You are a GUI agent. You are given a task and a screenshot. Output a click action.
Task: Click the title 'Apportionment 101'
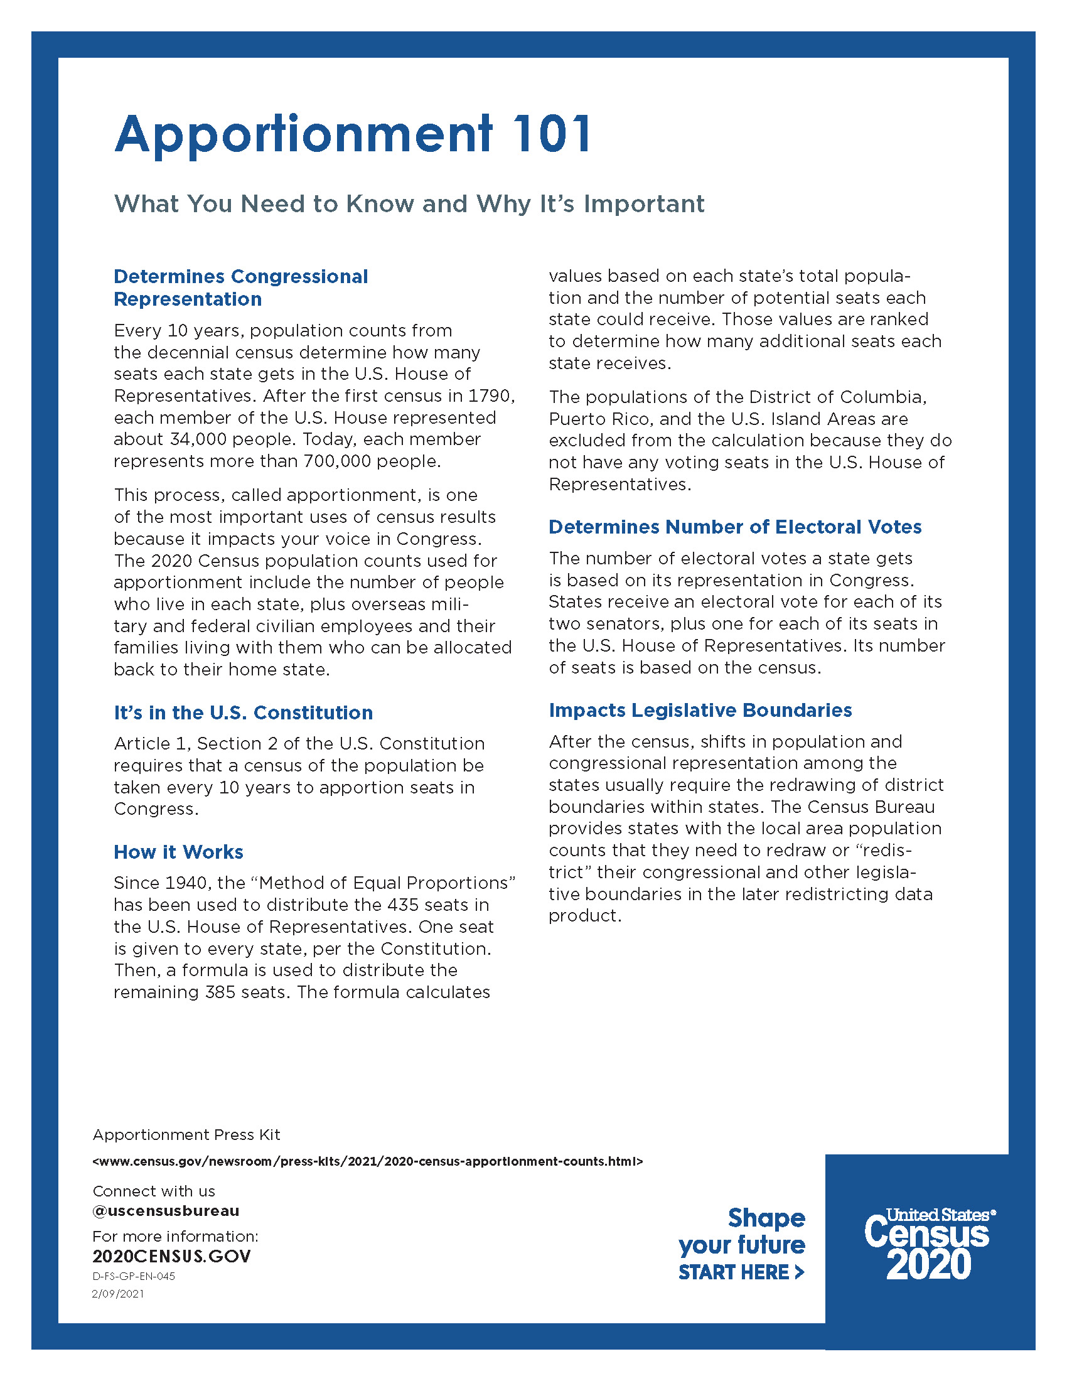point(353,134)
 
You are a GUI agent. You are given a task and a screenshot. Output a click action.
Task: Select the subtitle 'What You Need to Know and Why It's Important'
point(409,203)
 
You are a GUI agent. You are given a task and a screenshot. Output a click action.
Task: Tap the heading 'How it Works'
point(178,852)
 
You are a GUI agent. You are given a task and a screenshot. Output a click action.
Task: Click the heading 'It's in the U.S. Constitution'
point(244,712)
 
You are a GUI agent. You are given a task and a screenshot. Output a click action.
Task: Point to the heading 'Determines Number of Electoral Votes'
point(734,527)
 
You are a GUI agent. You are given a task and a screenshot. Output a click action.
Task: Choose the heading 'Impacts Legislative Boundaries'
point(700,710)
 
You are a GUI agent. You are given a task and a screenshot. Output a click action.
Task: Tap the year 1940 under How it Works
point(187,883)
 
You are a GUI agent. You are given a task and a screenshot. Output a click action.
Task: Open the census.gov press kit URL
point(367,1161)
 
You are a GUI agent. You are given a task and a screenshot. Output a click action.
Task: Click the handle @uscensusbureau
point(166,1211)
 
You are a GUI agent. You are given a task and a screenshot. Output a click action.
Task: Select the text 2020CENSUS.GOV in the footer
point(171,1256)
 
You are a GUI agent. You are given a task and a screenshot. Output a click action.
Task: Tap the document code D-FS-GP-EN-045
point(133,1276)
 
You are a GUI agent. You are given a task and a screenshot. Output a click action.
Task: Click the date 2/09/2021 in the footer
point(118,1294)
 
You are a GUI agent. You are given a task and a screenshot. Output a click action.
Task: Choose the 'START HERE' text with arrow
point(741,1272)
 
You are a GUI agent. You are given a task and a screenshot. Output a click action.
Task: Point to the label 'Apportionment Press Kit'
point(186,1135)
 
